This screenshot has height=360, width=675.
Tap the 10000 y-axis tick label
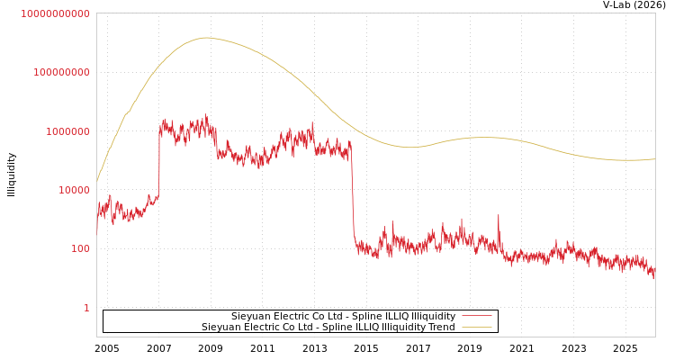pos(74,190)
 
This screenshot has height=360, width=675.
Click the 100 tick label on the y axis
pos(80,248)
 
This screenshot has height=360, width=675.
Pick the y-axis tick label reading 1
pos(86,308)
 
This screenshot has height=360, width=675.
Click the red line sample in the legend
pos(476,316)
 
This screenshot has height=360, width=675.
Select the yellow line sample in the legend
pos(476,327)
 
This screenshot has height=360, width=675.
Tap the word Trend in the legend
pos(440,327)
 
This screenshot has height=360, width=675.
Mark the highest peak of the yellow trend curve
pos(206,38)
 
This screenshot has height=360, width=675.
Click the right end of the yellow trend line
pos(654,159)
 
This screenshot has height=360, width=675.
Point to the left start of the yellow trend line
pos(97,181)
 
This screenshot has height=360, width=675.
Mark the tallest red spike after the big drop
pos(498,215)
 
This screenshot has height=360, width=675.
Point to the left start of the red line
pos(97,230)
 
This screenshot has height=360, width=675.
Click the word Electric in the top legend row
pos(293,316)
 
